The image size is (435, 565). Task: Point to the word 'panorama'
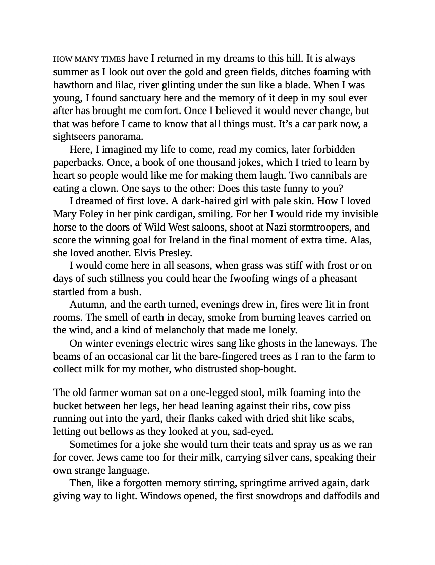[x=121, y=136]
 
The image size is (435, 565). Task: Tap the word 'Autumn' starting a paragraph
[x=86, y=304]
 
